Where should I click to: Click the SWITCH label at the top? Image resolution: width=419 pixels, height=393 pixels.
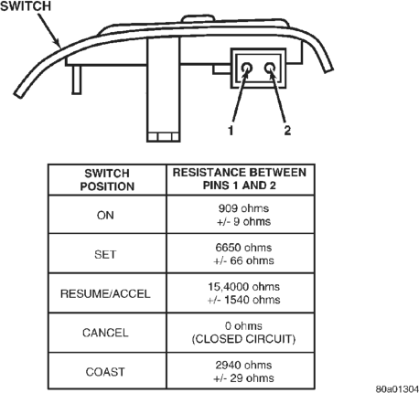[26, 6]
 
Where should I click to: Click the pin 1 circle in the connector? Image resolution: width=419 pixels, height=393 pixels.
[247, 68]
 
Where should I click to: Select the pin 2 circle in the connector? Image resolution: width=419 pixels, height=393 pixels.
[270, 68]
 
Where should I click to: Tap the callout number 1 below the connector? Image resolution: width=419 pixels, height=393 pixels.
[231, 131]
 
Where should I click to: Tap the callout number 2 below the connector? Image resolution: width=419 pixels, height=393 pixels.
[287, 131]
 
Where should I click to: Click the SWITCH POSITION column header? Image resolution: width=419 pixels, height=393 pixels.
[107, 180]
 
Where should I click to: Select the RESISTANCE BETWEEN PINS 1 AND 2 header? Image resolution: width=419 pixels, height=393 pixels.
[240, 179]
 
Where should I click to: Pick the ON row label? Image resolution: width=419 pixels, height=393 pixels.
[105, 216]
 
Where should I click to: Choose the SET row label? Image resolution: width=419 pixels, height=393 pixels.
[105, 254]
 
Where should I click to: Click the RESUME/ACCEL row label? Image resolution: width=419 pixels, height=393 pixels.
[105, 293]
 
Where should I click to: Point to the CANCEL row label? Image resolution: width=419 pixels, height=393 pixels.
[105, 333]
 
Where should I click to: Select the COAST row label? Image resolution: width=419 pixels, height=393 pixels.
[105, 372]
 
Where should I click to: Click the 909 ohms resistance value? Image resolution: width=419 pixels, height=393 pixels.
[243, 208]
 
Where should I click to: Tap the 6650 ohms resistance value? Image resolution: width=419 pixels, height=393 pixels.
[243, 248]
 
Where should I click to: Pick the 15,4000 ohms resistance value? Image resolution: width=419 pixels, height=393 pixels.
[243, 287]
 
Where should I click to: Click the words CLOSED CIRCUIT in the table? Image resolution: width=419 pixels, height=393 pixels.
[243, 339]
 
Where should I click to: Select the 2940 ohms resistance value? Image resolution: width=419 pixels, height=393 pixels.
[243, 365]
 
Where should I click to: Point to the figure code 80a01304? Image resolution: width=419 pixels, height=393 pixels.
[397, 388]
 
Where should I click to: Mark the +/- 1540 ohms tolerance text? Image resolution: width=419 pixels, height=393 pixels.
[243, 300]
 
